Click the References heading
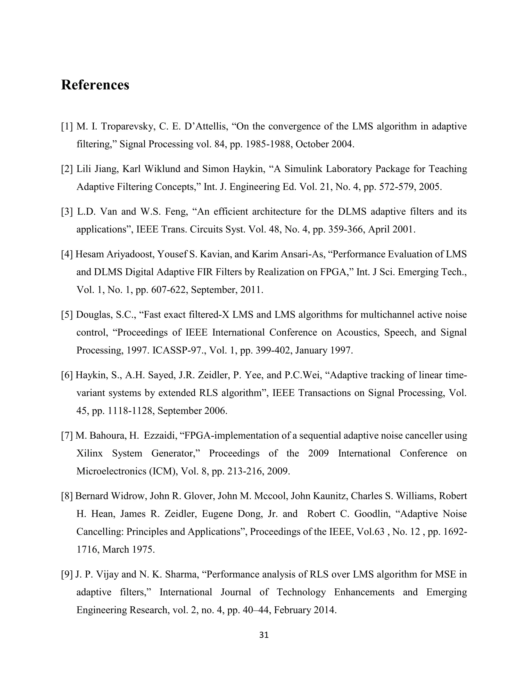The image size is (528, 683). [95, 85]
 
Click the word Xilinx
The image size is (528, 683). [89, 453]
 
